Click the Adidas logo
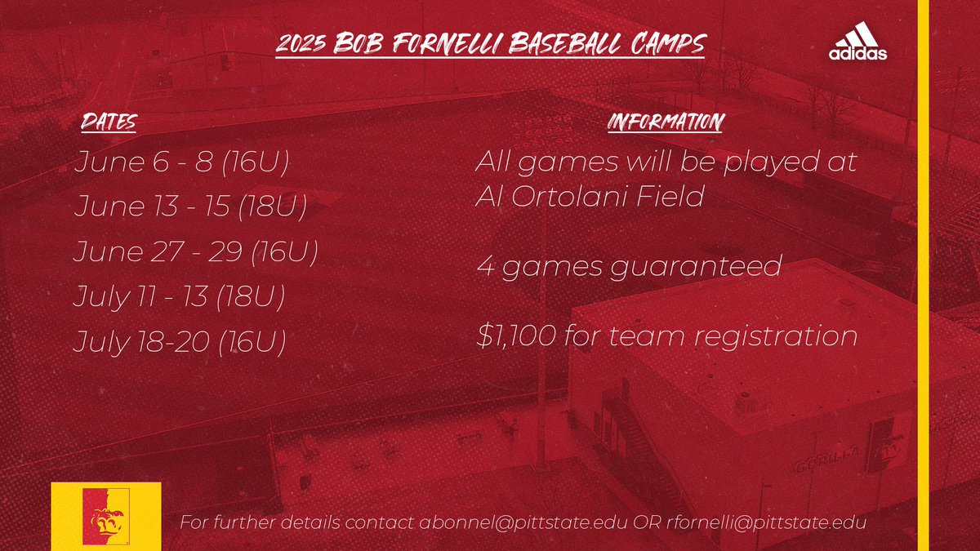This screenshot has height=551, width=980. tap(857, 44)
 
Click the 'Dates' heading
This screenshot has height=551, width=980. tap(108, 124)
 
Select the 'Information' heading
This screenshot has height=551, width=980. tap(665, 123)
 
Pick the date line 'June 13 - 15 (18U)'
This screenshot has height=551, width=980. tap(189, 207)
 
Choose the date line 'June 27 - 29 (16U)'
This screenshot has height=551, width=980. tap(195, 252)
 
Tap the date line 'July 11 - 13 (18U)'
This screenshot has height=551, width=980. tap(179, 297)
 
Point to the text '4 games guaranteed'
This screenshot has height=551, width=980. tap(629, 266)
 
